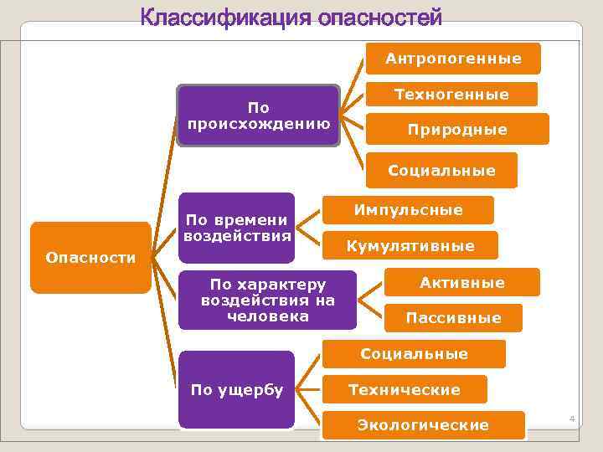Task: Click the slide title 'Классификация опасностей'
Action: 291,18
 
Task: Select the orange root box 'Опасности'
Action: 90,258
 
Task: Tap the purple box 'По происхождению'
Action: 259,116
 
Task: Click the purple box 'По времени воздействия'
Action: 237,228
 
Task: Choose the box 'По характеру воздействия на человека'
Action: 268,300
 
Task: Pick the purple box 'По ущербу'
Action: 237,389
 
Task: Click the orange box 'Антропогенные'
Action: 453,59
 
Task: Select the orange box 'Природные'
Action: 457,130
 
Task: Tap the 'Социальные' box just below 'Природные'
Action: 441,171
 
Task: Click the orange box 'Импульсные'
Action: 409,210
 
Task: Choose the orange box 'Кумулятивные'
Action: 410,246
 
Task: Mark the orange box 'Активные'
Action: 461,283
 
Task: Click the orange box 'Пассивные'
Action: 453,317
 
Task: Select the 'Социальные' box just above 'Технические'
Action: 414,354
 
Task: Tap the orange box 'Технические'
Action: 405,390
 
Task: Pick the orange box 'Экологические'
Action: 423,425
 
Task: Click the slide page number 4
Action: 573,418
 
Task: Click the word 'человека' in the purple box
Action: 268,316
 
